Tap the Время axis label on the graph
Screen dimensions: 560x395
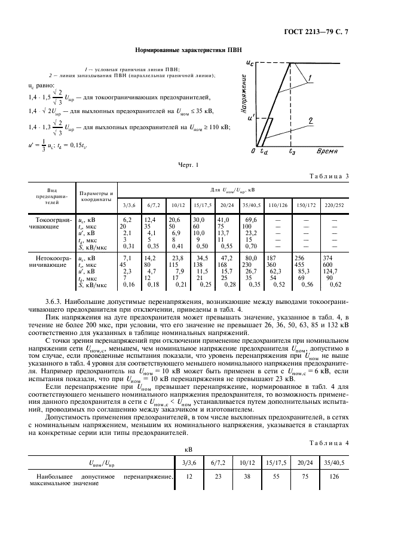[329, 151]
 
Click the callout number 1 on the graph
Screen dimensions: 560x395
[311, 77]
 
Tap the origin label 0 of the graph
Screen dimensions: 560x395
[253, 152]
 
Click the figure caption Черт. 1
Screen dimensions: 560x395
[188, 165]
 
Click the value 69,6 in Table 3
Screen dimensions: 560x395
[251, 220]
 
